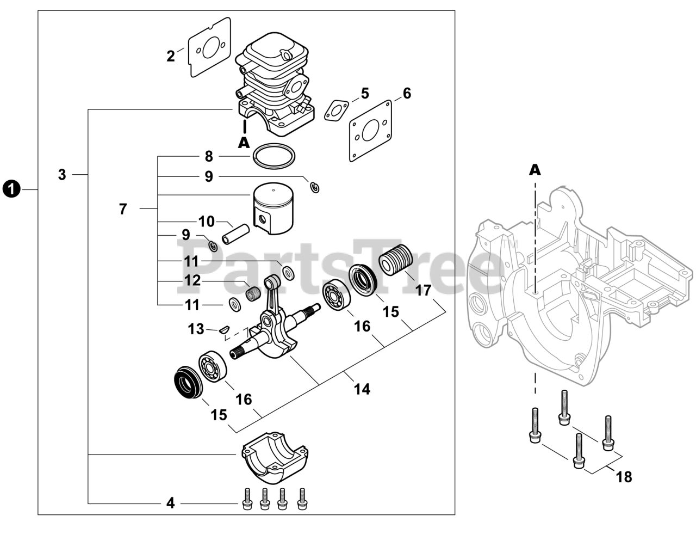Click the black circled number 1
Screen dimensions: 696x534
[x=11, y=189]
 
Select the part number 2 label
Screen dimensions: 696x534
[x=171, y=57]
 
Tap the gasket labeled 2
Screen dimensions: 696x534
[x=209, y=47]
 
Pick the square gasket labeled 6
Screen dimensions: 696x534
[x=371, y=131]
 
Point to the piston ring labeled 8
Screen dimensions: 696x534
[x=274, y=156]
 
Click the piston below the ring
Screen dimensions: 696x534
[x=273, y=208]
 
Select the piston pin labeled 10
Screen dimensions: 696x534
[x=236, y=234]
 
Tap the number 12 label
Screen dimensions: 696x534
[x=192, y=280]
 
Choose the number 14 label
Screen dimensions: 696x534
[x=362, y=389]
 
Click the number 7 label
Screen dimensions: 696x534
[x=123, y=209]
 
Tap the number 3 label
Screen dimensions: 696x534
[x=62, y=175]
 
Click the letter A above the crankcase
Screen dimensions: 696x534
[x=535, y=170]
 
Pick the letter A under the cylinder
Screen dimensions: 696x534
[x=244, y=143]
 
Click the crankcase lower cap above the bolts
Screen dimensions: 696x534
[x=275, y=457]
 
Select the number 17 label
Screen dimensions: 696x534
[x=423, y=290]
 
